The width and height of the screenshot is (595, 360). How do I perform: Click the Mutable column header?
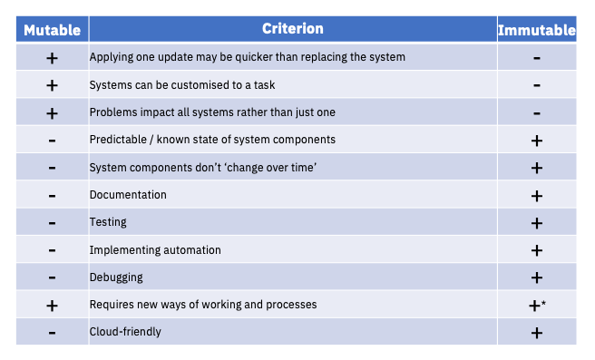[x=52, y=30]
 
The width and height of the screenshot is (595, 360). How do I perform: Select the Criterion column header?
[x=292, y=29]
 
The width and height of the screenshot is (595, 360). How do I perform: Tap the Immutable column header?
[x=537, y=30]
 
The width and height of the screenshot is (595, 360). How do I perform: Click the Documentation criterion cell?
[x=128, y=195]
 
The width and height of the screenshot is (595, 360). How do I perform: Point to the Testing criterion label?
[x=108, y=222]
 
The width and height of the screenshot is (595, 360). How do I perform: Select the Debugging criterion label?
[x=115, y=277]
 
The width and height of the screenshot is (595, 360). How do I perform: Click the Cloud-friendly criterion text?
[x=125, y=332]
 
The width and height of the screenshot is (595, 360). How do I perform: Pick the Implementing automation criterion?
[x=155, y=249]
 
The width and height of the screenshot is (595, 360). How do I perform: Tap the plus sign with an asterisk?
[x=537, y=306]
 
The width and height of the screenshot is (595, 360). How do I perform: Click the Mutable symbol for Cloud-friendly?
[x=52, y=333]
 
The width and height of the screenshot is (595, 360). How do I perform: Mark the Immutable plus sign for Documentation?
[x=537, y=196]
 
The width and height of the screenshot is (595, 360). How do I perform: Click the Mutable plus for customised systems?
[x=52, y=85]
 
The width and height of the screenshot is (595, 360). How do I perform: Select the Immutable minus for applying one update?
[x=537, y=58]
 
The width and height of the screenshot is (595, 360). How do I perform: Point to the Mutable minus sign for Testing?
[x=52, y=223]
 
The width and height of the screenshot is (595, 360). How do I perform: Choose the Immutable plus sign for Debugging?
[x=537, y=277]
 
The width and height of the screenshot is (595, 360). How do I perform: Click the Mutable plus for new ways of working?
[x=52, y=306]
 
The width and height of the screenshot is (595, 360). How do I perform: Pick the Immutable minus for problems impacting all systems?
[x=537, y=113]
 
